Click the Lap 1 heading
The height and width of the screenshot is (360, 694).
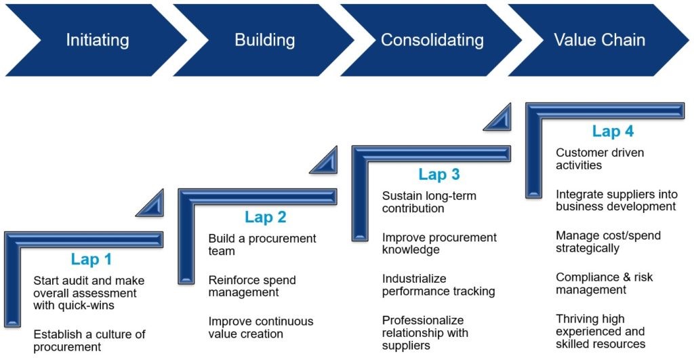[91, 259]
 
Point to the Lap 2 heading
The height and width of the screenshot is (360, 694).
[266, 217]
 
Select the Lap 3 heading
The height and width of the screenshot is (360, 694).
[439, 174]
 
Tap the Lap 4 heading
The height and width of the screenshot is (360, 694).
[613, 131]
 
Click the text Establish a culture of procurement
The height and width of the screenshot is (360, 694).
[89, 340]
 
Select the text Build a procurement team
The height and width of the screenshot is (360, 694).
[262, 245]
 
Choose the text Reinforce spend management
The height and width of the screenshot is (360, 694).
[252, 286]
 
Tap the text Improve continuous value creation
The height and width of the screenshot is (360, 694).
[261, 327]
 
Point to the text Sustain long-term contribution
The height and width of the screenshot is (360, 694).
[429, 202]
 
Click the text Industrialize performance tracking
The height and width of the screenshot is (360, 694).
[438, 285]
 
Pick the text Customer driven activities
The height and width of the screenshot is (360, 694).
[600, 159]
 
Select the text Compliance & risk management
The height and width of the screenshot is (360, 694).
[604, 283]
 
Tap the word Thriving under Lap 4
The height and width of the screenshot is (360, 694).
[578, 319]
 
